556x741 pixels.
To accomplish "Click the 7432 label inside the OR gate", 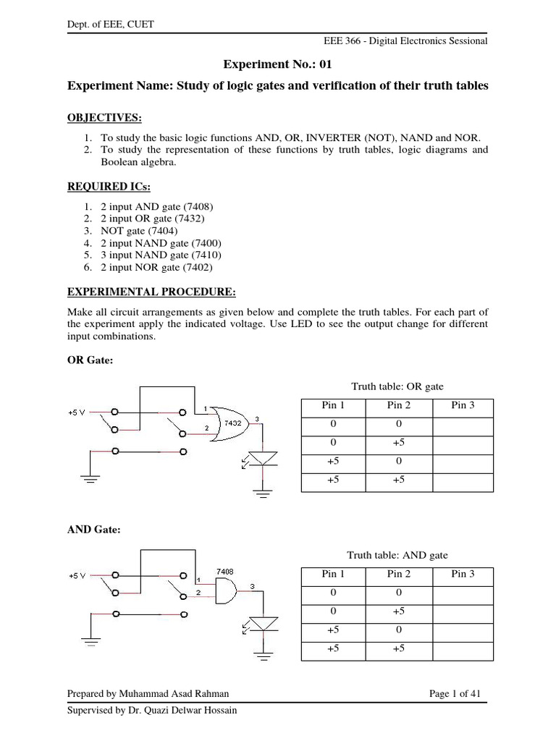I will pyautogui.click(x=232, y=423).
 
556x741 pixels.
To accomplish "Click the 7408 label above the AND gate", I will pyautogui.click(x=226, y=572).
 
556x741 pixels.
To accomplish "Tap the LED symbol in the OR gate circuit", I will pyautogui.click(x=263, y=457).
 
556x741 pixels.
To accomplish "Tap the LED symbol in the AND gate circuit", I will pyautogui.click(x=263, y=622).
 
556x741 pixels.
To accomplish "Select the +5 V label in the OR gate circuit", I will pyautogui.click(x=76, y=412).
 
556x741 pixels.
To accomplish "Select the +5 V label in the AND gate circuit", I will pyautogui.click(x=76, y=576).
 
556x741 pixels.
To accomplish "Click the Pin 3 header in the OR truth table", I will pyautogui.click(x=463, y=405).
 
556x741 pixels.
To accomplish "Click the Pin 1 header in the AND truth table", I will pyautogui.click(x=332, y=574).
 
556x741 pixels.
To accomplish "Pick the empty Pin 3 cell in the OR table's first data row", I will pyautogui.click(x=463, y=424).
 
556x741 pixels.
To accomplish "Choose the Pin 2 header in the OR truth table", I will pyautogui.click(x=398, y=405).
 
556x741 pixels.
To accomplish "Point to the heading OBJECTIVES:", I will pyautogui.click(x=105, y=118).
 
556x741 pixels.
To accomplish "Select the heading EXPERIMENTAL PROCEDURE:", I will pyautogui.click(x=151, y=292).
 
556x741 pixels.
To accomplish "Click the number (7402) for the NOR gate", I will pyautogui.click(x=201, y=268).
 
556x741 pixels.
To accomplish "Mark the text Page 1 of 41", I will pyautogui.click(x=455, y=693).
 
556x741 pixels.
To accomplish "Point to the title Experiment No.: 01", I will pyautogui.click(x=277, y=64).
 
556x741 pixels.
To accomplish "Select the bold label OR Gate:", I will pyautogui.click(x=90, y=361).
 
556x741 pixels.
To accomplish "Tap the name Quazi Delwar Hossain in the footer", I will pyautogui.click(x=191, y=710).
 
